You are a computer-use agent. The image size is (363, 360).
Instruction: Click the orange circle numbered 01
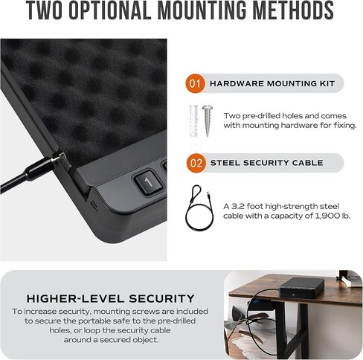[x=195, y=84]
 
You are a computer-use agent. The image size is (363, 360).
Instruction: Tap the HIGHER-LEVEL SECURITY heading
[x=110, y=298]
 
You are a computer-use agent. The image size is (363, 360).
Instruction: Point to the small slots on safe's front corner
[x=94, y=203]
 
